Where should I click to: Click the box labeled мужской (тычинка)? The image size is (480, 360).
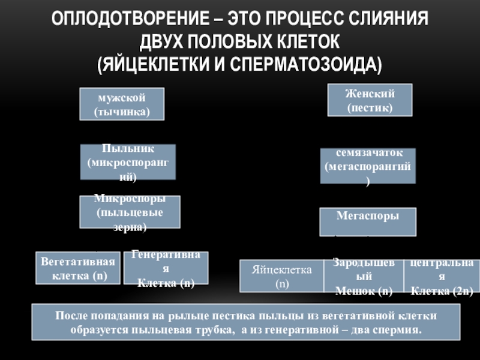point(122,104)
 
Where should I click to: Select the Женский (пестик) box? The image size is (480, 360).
point(370,100)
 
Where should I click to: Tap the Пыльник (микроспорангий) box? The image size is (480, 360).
point(128,162)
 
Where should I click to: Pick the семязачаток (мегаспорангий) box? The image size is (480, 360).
point(367,166)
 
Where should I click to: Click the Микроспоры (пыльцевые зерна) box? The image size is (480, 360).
point(130,212)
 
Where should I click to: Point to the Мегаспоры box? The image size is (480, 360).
point(367,221)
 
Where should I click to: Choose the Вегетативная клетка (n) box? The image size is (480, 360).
point(78,268)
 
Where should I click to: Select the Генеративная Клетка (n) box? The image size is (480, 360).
point(166,268)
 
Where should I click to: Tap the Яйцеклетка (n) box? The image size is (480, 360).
point(281,276)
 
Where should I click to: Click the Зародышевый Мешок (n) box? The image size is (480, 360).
point(364,276)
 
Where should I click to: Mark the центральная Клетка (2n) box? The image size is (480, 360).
point(441,276)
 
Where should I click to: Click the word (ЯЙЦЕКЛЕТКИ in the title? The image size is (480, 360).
point(158,64)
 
